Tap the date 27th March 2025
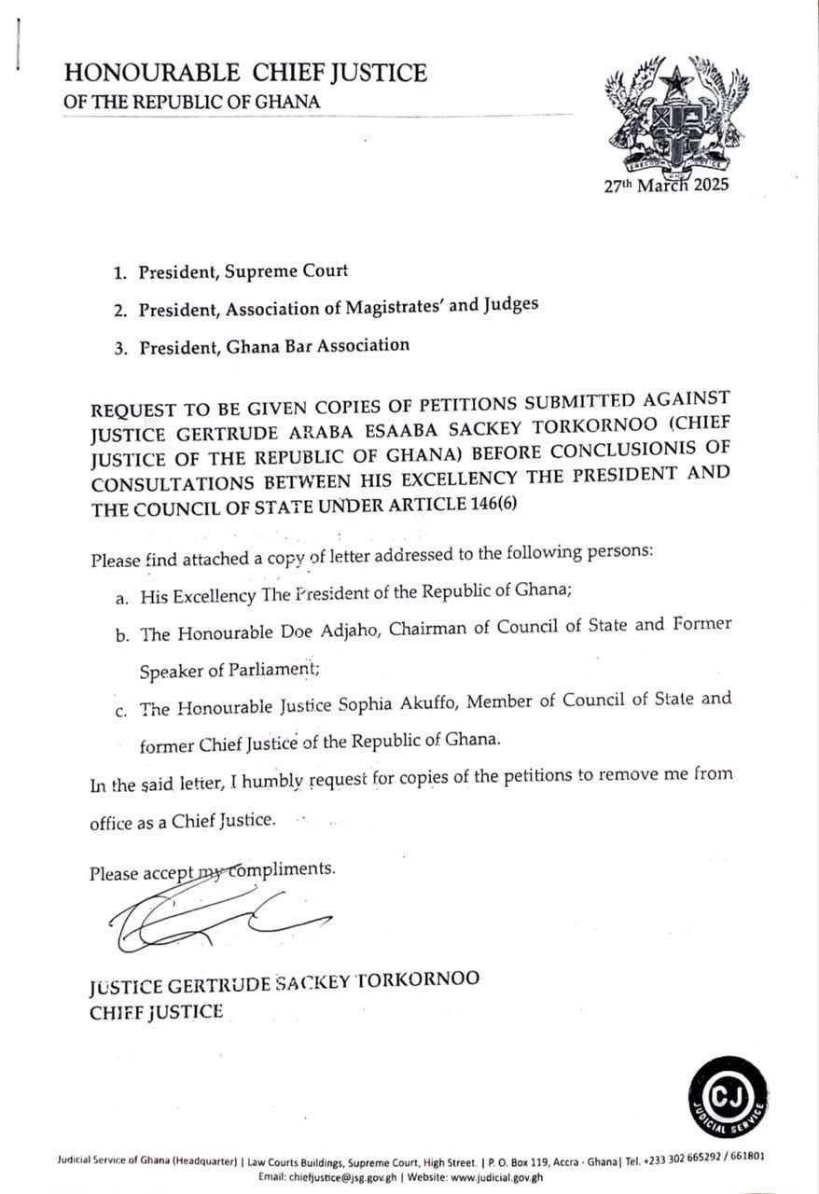666,184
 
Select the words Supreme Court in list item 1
295,272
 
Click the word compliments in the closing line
288,869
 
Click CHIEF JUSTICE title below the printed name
157,1011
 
